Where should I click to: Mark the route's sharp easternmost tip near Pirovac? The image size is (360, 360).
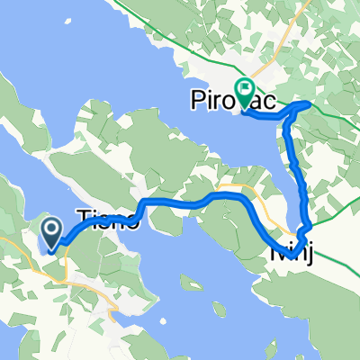[x=310, y=104]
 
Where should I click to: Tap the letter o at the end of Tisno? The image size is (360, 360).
[x=132, y=221]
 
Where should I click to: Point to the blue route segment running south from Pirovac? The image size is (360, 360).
[x=293, y=162]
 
